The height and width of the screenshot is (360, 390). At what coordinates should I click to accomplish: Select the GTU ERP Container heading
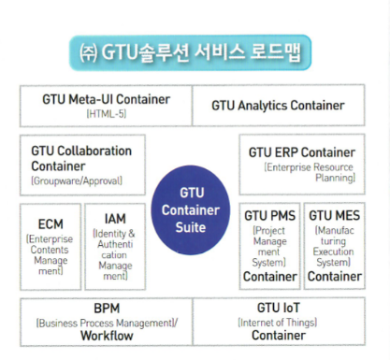coord(301,151)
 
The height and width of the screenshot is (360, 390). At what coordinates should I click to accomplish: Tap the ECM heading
coord(51,224)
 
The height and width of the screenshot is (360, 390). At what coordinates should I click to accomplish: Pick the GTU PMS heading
coord(269,215)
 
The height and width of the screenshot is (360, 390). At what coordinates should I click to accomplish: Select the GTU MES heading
coord(333,215)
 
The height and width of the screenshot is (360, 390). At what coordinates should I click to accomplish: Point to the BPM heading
coord(106,308)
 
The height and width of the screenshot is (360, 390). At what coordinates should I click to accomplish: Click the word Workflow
coord(106,335)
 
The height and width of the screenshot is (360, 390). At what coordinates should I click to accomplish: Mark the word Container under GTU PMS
coord(269,277)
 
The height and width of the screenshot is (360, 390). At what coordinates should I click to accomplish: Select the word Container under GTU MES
coord(334,277)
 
